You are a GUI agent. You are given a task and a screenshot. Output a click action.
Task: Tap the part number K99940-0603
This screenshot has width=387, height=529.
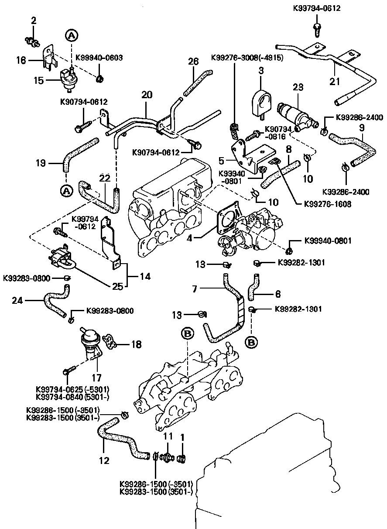pyautogui.click(x=99, y=57)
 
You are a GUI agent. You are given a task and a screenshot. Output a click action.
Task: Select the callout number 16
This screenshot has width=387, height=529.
pyautogui.click(x=21, y=61)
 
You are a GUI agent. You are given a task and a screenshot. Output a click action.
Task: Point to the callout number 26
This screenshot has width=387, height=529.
pyautogui.click(x=193, y=62)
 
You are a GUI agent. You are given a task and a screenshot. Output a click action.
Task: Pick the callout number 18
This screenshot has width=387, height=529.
pyautogui.click(x=136, y=345)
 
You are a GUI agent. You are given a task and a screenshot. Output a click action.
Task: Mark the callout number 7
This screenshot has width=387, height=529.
pyautogui.click(x=195, y=289)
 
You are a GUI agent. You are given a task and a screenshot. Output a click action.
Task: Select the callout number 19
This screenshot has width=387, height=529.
pyautogui.click(x=41, y=164)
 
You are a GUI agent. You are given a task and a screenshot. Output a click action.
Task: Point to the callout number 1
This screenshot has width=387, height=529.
pyautogui.click(x=182, y=436)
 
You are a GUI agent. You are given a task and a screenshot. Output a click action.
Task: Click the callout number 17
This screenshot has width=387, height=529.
pyautogui.click(x=96, y=376)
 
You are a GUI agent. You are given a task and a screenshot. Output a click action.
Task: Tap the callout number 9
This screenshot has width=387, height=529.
pyautogui.click(x=362, y=128)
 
